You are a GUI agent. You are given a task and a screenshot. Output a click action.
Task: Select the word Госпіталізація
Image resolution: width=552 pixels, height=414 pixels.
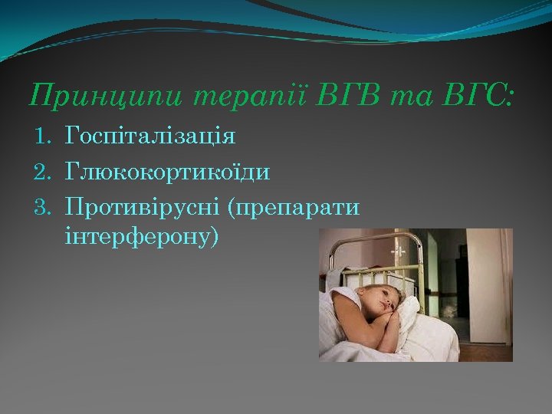pos(151,137)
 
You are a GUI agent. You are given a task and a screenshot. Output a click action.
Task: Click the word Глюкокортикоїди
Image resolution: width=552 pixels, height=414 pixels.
pos(168,172)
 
